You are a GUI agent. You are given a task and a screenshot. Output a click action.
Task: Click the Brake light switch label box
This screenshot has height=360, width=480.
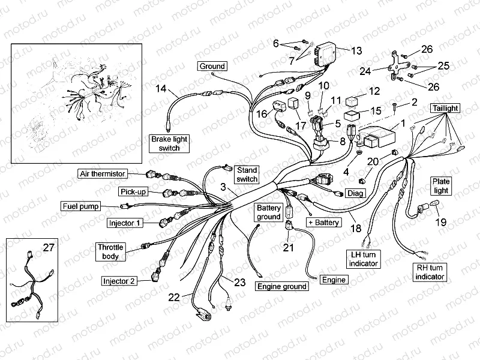click(x=169, y=143)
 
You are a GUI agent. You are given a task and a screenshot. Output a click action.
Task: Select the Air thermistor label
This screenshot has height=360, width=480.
click(x=103, y=173)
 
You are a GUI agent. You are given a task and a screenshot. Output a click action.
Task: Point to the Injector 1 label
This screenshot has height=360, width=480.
click(x=125, y=223)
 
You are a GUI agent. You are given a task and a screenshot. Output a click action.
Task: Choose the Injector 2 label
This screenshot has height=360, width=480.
click(x=119, y=280)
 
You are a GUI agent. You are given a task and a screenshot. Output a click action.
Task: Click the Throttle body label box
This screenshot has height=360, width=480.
click(x=110, y=251)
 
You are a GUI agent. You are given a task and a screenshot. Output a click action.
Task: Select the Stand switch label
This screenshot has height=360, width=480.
click(x=246, y=175)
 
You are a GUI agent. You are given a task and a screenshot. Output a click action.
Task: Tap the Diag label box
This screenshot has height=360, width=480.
click(x=355, y=194)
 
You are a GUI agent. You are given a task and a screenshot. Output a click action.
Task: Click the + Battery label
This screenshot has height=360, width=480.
click(x=323, y=223)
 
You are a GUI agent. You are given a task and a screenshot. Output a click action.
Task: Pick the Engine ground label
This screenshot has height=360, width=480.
click(x=281, y=286)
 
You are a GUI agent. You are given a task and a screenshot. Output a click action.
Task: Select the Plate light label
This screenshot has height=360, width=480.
click(x=441, y=185)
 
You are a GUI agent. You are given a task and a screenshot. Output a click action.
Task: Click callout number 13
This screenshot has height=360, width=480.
click(x=356, y=50)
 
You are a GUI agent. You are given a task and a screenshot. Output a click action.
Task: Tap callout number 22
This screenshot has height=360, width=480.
click(x=174, y=296)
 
